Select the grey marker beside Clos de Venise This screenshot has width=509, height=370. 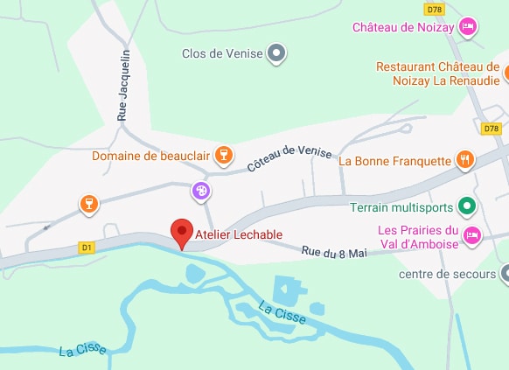[x=276, y=54]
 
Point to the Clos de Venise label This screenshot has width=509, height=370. [x=221, y=54]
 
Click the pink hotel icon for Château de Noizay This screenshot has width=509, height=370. [x=469, y=26]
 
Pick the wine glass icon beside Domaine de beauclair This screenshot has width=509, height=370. [x=223, y=156]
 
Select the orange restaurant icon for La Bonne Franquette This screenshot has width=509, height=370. [x=464, y=160]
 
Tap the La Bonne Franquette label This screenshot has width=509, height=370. [x=394, y=161]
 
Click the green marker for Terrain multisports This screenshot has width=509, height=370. [x=466, y=207]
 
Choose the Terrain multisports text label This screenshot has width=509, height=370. [x=401, y=208]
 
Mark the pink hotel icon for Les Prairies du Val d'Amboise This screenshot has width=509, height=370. [x=471, y=234]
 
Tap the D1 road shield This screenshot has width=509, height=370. [x=86, y=247]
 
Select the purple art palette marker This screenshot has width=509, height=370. [x=200, y=190]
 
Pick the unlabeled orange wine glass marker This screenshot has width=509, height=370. [x=87, y=204]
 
